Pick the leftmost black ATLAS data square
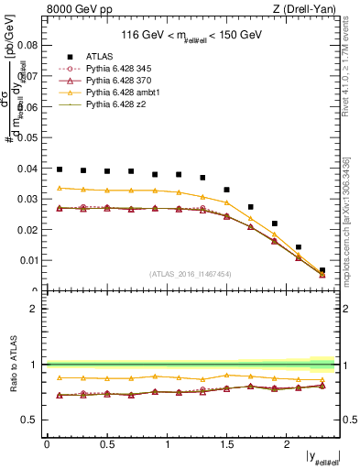click(x=60, y=169)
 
